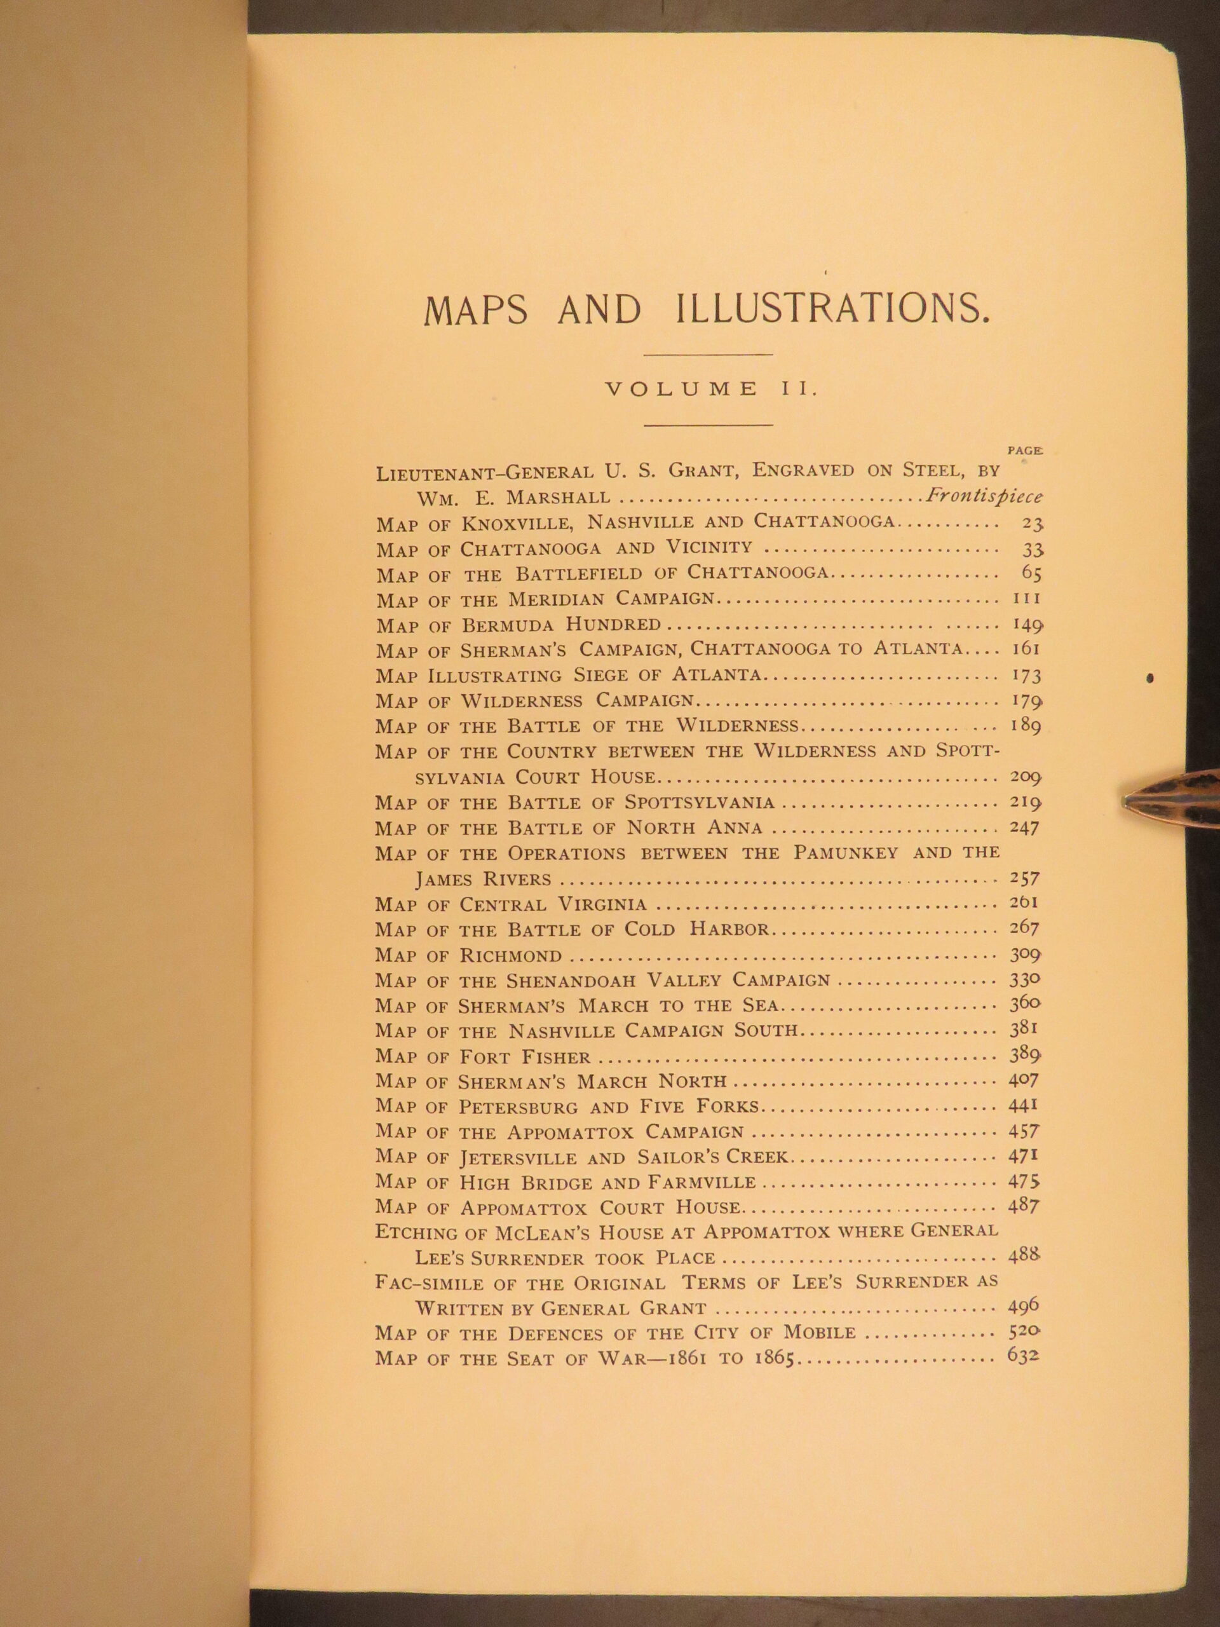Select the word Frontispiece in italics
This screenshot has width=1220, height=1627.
984,496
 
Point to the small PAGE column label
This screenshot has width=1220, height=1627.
1024,450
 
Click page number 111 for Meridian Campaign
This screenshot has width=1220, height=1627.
1022,599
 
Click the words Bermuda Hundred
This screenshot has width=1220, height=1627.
560,625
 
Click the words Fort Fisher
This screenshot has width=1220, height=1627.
525,1057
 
